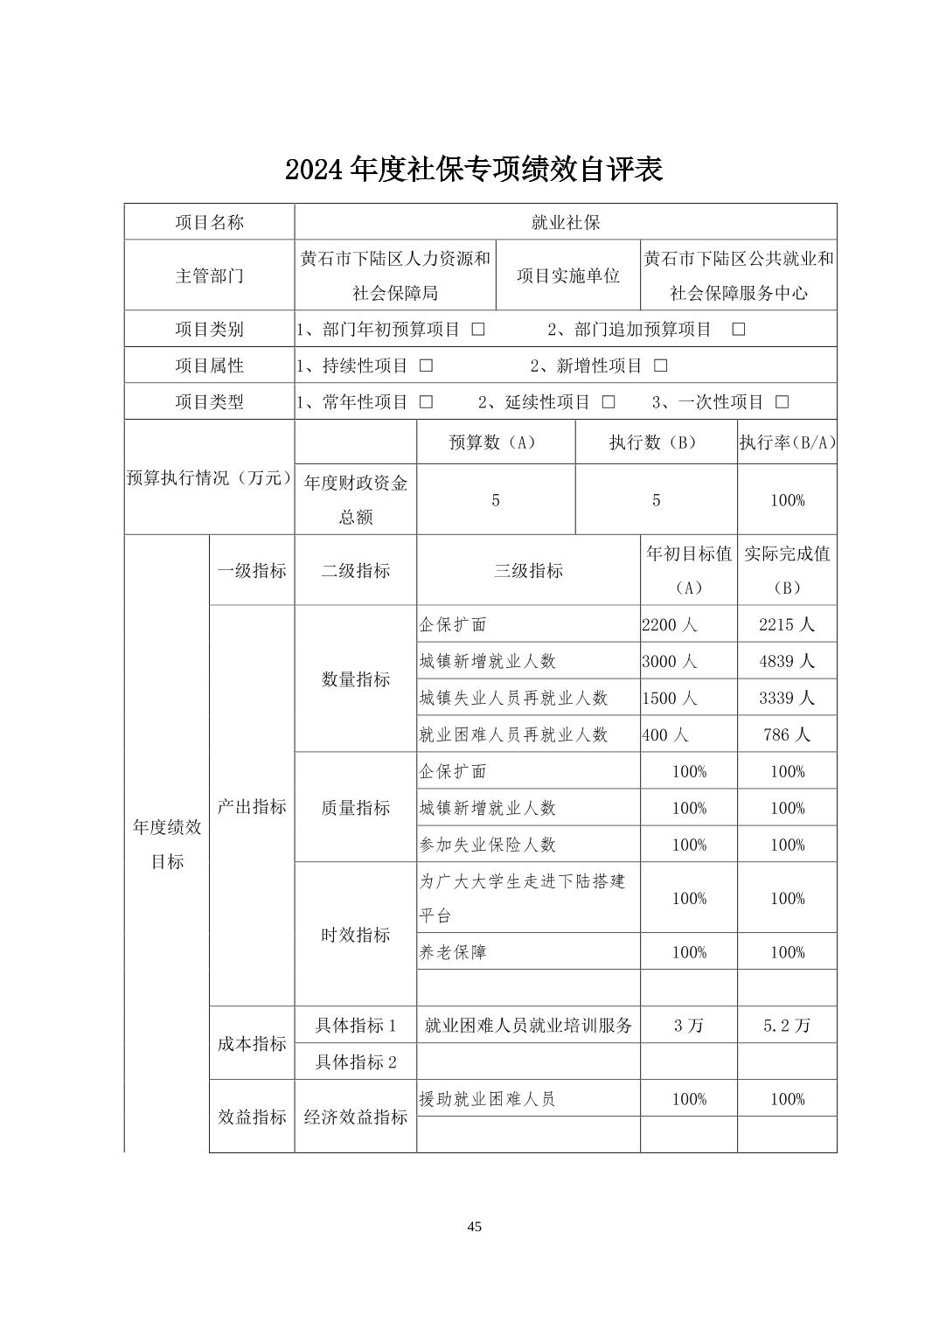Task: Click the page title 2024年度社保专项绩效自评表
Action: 473,170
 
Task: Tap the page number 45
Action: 474,1227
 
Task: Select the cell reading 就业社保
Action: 565,222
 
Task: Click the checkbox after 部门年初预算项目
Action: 477,330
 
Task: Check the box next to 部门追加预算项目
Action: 738,330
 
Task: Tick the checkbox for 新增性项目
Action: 660,365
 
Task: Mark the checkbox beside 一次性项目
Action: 782,402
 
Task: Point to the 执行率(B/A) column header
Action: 787,442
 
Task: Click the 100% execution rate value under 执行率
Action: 787,500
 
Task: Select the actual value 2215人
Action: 787,624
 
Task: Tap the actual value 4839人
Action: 787,661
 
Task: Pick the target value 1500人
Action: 669,698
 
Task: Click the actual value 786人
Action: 787,734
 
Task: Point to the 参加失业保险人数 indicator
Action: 487,845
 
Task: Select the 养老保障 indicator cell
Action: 453,952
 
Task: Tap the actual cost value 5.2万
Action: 787,1026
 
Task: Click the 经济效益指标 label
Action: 355,1117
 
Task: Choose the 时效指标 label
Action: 355,935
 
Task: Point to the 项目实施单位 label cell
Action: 567,275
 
